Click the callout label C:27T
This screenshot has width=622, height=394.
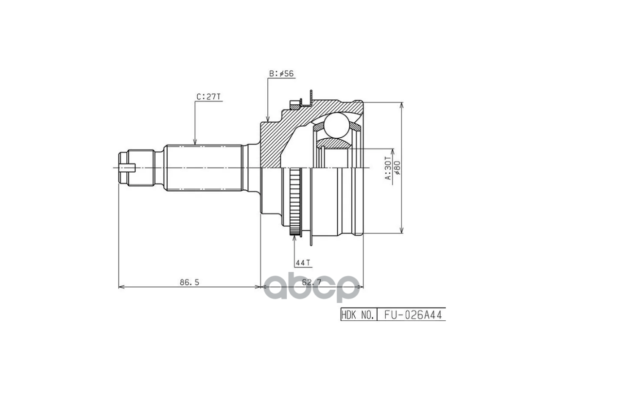click(x=208, y=97)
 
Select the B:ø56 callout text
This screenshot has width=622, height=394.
click(x=281, y=74)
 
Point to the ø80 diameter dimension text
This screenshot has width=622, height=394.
click(x=397, y=168)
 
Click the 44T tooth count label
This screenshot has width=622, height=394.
click(x=303, y=263)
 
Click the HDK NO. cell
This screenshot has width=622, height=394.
click(x=358, y=315)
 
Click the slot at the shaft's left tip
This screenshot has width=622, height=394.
click(x=127, y=168)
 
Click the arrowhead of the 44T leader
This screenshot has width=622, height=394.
click(x=294, y=238)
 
